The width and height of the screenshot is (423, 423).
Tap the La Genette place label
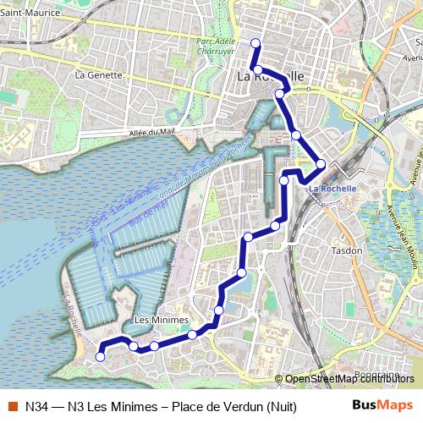coord(99,74)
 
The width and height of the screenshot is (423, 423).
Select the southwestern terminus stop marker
coord(100,357)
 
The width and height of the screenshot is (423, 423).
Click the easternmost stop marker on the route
coord(321,164)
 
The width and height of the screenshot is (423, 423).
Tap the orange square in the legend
coord(12,405)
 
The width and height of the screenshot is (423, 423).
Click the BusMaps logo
coord(382,405)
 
